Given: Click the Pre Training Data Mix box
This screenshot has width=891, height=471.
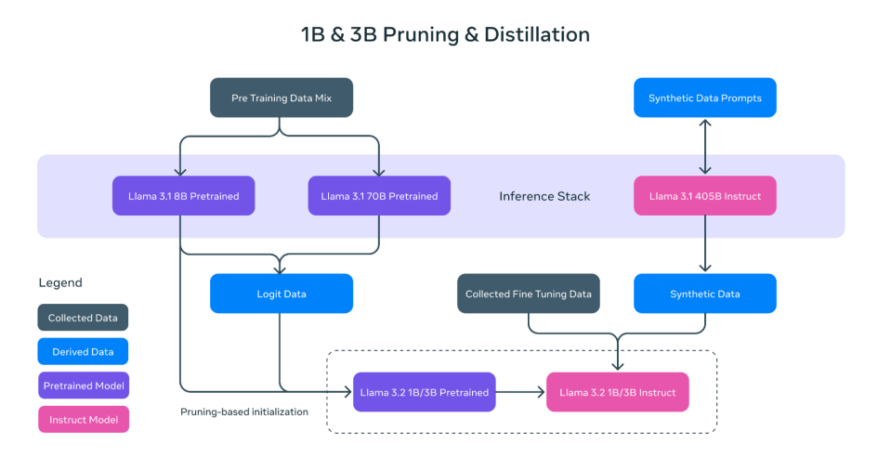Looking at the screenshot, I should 281,98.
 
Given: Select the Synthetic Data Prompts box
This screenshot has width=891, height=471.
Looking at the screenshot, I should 704,98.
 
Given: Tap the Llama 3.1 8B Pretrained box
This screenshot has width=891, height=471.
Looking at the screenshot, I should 183,196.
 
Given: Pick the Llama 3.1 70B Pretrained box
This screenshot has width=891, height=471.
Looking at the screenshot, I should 379,196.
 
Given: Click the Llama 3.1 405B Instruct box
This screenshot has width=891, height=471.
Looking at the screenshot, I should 704,196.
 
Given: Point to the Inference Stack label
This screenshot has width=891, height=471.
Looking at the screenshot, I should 544,196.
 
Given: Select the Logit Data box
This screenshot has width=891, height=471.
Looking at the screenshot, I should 281,294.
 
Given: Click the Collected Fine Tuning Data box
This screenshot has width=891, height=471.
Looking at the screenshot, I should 528,294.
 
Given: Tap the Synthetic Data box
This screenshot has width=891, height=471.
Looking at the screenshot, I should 704,294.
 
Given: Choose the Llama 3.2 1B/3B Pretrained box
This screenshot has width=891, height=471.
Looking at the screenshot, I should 424,392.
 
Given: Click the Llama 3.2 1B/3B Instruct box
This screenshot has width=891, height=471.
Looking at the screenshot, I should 617,392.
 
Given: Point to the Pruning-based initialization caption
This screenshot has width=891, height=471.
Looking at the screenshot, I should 243,412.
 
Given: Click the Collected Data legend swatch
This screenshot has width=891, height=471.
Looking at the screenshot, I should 83,318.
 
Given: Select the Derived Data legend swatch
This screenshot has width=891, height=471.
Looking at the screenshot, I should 83,352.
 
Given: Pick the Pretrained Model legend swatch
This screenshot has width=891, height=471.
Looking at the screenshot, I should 83,386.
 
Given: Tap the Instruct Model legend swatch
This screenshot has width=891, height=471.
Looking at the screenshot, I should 83,420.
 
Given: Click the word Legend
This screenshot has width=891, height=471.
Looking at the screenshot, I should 60,282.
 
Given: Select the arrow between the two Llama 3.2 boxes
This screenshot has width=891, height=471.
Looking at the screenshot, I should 520,392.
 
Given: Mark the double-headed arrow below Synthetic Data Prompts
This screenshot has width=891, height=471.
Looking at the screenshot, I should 704,147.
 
